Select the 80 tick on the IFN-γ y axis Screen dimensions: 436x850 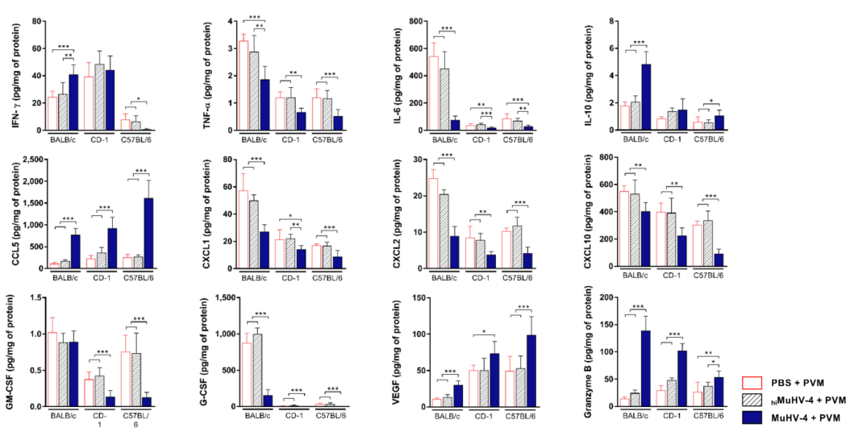pyautogui.click(x=37, y=20)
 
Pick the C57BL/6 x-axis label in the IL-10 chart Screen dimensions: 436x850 pyautogui.click(x=706, y=138)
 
